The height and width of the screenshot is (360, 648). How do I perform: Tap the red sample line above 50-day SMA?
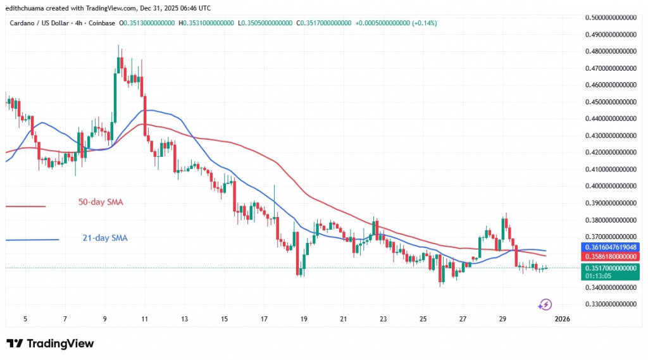tap(25, 206)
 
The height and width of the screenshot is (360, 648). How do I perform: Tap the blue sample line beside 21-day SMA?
tap(32, 239)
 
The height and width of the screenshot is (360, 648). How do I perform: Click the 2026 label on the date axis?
tap(562, 320)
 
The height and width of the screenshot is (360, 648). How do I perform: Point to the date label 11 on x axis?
tap(145, 320)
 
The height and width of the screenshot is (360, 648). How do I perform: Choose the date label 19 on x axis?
tap(304, 320)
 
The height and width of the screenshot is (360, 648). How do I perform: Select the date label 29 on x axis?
tap(502, 320)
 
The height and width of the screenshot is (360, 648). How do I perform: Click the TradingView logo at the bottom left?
tap(50, 344)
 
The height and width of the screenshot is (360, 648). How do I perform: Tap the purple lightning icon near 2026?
tap(545, 305)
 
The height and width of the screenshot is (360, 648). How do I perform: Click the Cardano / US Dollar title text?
tap(39, 23)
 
